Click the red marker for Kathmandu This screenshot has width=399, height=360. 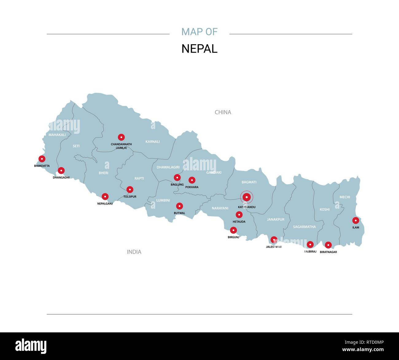[246, 197]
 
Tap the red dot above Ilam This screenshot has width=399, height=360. [355, 220]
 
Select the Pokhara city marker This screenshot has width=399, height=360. [192, 180]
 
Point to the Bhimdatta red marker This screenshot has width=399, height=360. [42, 159]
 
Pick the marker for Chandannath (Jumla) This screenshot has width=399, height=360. [121, 137]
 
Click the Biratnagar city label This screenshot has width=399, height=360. [328, 252]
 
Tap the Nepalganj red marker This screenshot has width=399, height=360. [105, 196]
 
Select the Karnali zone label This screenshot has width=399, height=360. [153, 141]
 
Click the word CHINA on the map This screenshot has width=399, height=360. [223, 112]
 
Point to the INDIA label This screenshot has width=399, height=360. [134, 252]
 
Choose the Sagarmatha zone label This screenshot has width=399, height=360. [304, 227]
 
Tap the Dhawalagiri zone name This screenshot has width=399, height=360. [168, 167]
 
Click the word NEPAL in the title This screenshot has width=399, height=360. [199, 49]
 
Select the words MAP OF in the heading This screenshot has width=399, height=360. [199, 32]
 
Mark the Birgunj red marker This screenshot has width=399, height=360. [233, 230]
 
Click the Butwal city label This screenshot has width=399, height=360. [180, 213]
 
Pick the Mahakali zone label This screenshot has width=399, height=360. [57, 135]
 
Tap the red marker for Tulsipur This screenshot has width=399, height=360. [130, 190]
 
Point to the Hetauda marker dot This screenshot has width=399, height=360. [239, 215]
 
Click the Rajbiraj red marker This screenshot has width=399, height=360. [310, 245]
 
